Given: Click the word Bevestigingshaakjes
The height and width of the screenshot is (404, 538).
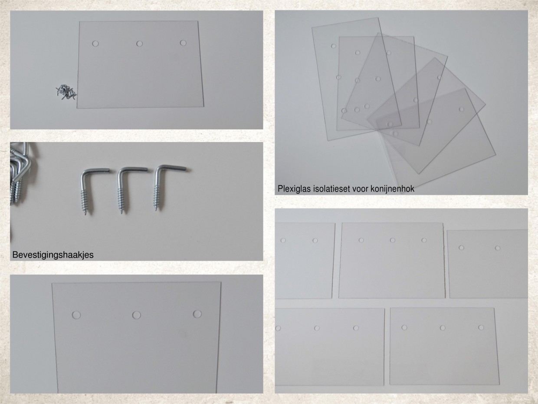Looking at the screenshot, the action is [x=53, y=255].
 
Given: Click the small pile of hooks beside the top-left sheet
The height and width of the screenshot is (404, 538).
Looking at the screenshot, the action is [x=66, y=92].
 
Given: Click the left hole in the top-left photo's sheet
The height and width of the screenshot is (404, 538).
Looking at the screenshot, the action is [x=95, y=44].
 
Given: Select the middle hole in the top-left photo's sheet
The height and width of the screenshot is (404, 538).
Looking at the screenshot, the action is [x=139, y=44].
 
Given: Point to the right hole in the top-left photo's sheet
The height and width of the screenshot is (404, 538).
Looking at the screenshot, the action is [x=183, y=43].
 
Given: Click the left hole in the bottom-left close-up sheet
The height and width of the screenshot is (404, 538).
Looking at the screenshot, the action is [x=76, y=315].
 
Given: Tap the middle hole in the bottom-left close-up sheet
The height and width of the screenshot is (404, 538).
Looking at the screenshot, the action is [x=137, y=315].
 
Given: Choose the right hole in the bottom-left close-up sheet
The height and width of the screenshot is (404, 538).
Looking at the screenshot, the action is [x=197, y=314].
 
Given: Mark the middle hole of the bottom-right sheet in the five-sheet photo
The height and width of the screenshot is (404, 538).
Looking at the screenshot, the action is [x=443, y=328].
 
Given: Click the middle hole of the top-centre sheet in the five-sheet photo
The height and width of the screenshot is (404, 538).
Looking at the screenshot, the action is [x=392, y=240].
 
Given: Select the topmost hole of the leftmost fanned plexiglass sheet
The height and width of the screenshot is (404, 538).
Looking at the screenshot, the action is [x=333, y=46].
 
